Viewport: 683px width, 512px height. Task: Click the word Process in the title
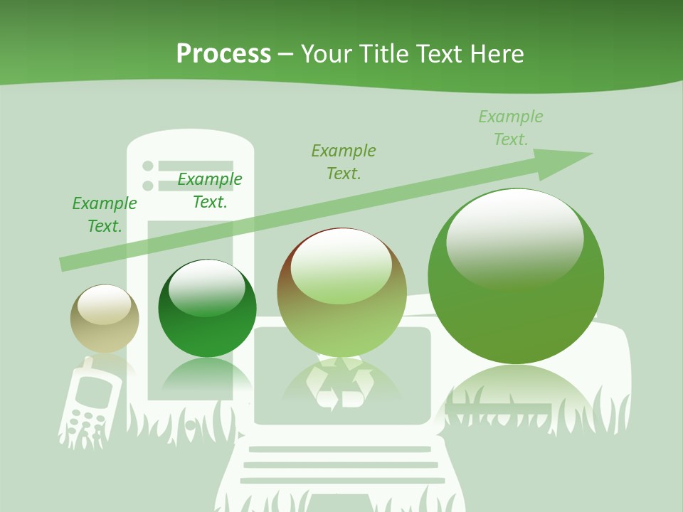(223, 54)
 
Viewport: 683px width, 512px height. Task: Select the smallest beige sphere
(105, 319)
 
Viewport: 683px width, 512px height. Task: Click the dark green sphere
(207, 308)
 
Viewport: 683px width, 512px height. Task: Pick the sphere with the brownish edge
(342, 292)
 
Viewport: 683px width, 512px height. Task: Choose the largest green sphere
(516, 276)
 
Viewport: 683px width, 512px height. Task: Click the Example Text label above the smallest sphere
(105, 215)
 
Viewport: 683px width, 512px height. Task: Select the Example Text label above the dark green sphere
(210, 191)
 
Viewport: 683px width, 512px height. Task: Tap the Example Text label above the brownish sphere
(344, 162)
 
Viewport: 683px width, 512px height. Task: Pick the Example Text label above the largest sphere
(511, 128)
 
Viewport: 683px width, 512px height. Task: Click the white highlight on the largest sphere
(514, 235)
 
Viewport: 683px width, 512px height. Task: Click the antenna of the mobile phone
(85, 365)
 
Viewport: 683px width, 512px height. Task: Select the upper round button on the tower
(148, 166)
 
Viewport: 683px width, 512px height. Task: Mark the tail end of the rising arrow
(64, 264)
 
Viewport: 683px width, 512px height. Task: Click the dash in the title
(286, 54)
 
